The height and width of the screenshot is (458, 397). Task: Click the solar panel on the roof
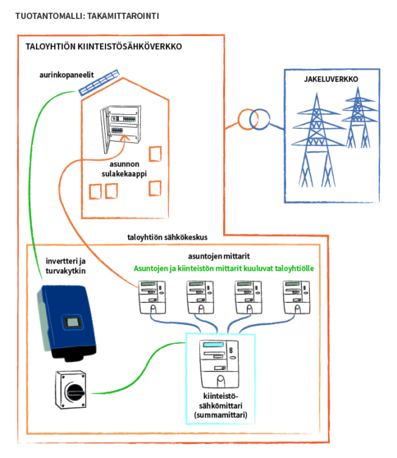pyautogui.click(x=99, y=82)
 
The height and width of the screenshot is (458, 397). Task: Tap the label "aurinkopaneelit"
pyautogui.click(x=66, y=75)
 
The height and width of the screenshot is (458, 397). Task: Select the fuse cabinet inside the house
pyautogui.click(x=120, y=128)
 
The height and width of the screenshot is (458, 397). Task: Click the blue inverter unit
pyautogui.click(x=67, y=323)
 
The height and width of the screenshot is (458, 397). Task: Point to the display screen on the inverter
pyautogui.click(x=73, y=323)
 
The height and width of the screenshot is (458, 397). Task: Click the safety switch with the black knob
pyautogui.click(x=71, y=390)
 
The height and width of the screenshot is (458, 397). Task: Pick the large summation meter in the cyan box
pyautogui.click(x=219, y=364)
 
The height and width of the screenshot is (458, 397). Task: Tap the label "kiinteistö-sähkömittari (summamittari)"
pyautogui.click(x=220, y=405)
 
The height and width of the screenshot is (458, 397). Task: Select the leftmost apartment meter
pyautogui.click(x=152, y=297)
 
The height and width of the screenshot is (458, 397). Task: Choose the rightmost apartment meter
pyautogui.click(x=296, y=297)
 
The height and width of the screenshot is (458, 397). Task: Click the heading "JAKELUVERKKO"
pyautogui.click(x=331, y=79)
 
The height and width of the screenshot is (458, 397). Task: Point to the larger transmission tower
pyautogui.click(x=317, y=140)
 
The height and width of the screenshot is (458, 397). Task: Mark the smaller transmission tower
pyautogui.click(x=358, y=118)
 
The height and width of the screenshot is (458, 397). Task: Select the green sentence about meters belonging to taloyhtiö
pyautogui.click(x=224, y=268)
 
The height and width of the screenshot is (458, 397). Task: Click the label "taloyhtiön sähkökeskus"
pyautogui.click(x=168, y=237)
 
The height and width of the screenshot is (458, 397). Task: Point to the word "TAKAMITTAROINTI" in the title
pyautogui.click(x=123, y=16)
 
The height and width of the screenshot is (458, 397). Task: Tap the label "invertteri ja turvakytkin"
pyautogui.click(x=65, y=266)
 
